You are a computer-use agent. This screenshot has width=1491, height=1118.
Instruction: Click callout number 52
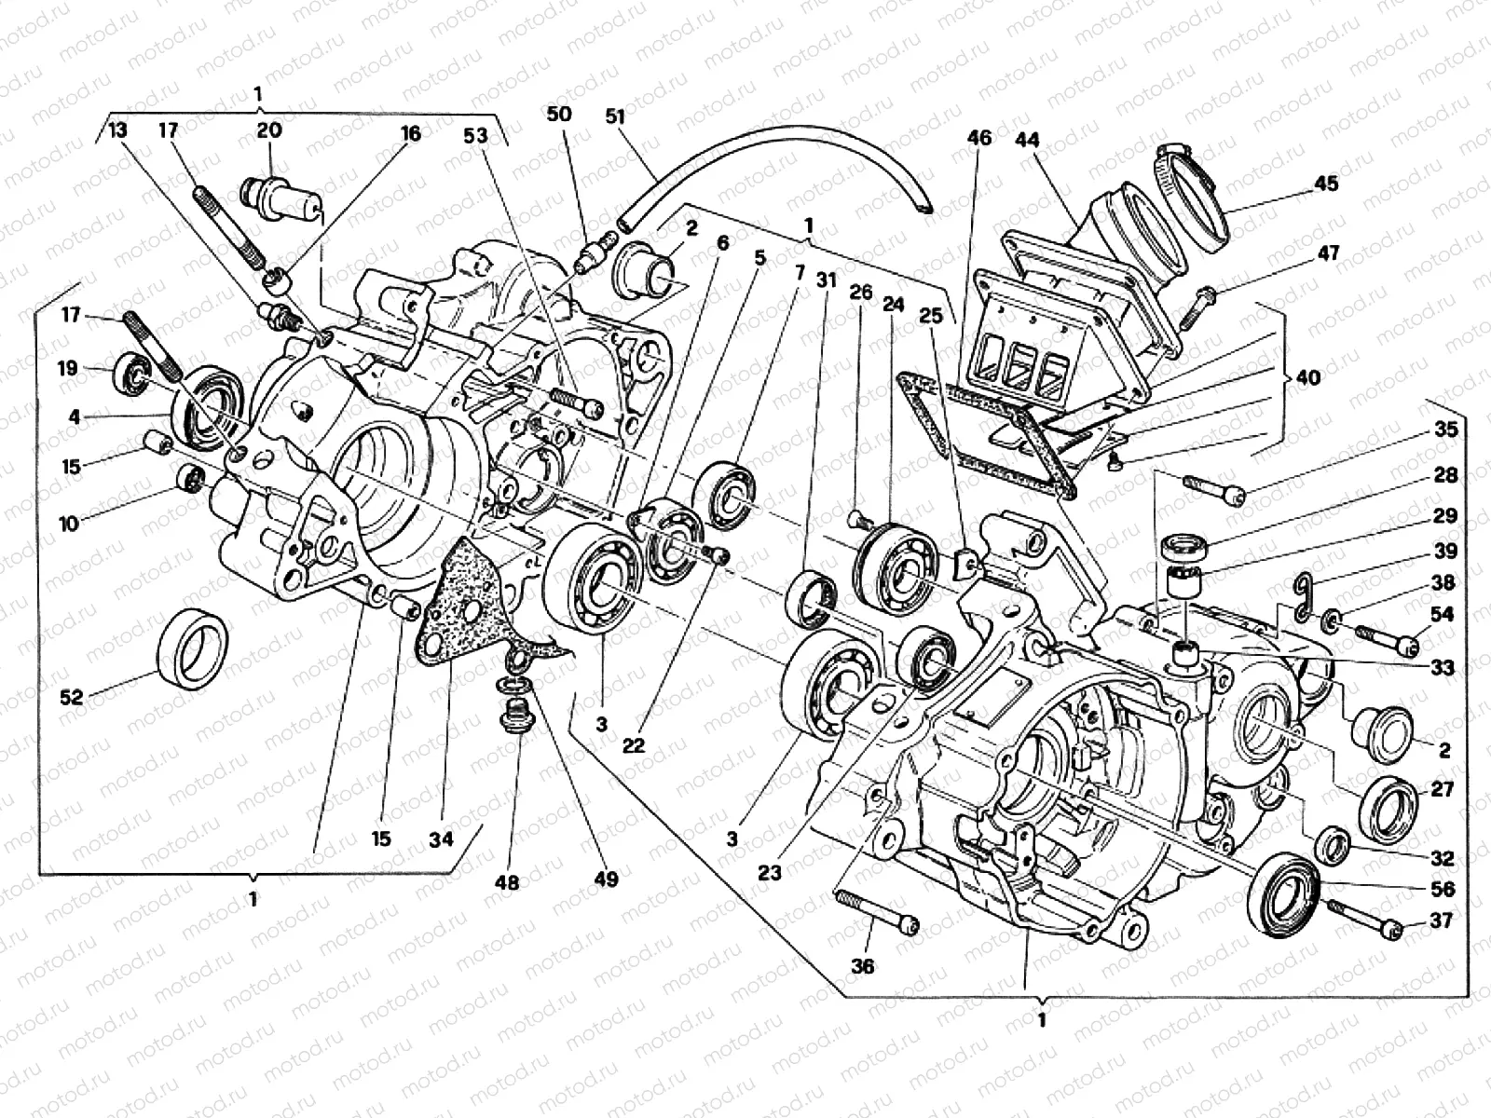pyautogui.click(x=72, y=697)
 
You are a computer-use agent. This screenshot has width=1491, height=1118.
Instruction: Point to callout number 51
pyautogui.click(x=615, y=116)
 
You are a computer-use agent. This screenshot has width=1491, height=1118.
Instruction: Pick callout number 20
pyautogui.click(x=269, y=130)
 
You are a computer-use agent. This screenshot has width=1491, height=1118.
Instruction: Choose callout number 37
pyautogui.click(x=1441, y=920)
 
